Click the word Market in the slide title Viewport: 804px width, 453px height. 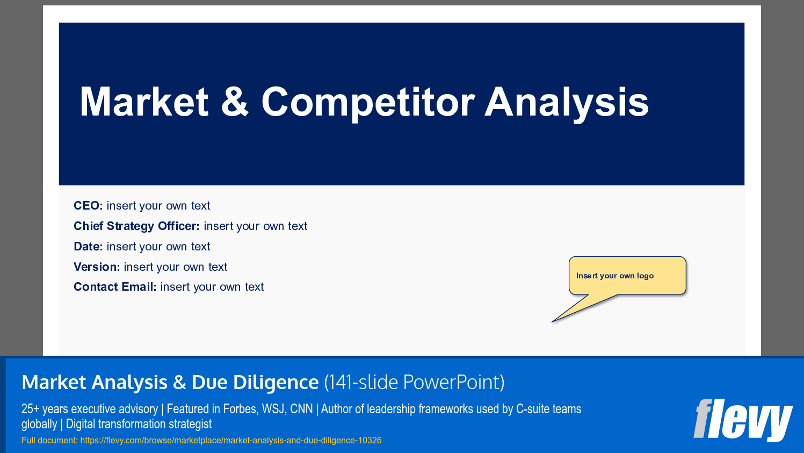144,102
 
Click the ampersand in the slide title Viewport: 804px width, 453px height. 235,102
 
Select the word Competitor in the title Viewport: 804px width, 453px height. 368,102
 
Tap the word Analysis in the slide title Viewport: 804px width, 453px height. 567,102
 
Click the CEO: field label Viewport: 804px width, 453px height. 88,206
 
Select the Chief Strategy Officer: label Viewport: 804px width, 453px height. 136,226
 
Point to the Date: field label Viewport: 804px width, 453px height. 88,247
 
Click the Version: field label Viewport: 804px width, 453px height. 97,267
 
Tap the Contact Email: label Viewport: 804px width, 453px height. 115,287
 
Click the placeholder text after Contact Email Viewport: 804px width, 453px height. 212,287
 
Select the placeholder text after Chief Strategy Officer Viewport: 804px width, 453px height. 256,226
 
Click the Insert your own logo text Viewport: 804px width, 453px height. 615,276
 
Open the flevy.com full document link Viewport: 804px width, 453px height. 231,441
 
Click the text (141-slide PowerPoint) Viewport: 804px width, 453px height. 414,382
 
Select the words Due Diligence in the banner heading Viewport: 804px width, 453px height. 255,382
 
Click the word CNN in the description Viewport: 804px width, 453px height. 301,409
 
